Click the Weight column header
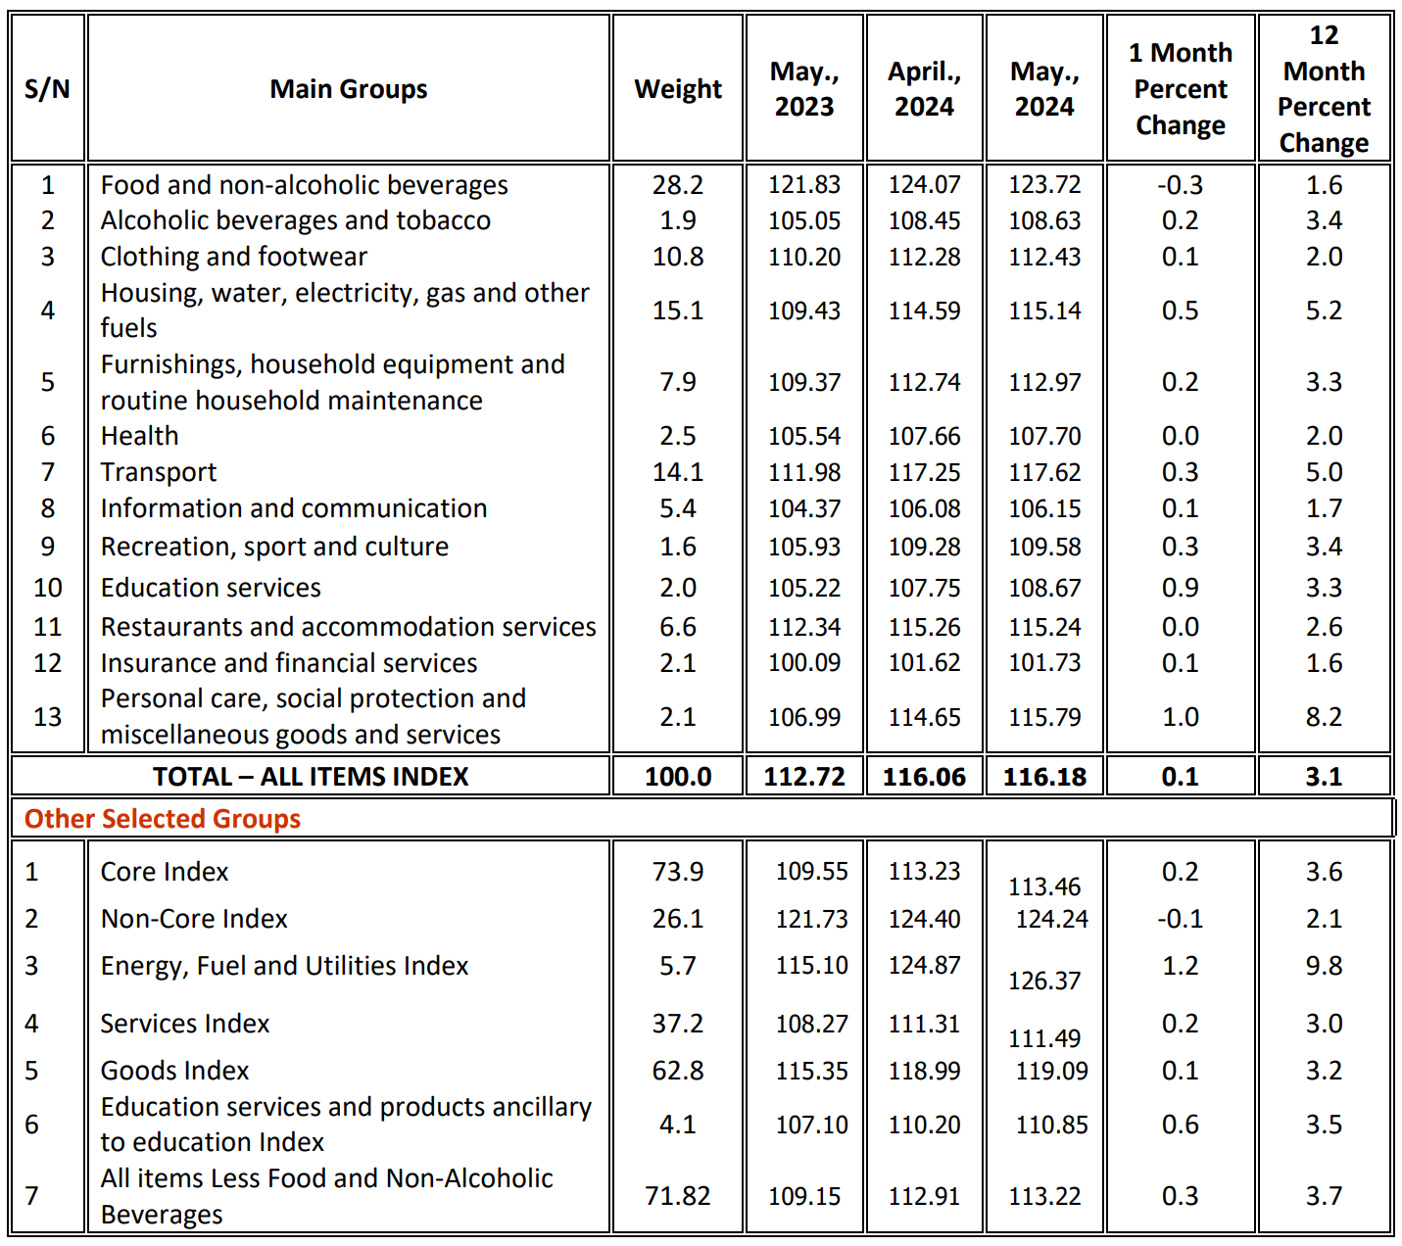click(x=677, y=89)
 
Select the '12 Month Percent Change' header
click(x=1324, y=89)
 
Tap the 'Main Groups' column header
click(x=349, y=89)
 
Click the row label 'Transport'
click(x=159, y=472)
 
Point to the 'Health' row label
click(x=140, y=436)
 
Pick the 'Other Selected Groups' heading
click(x=163, y=819)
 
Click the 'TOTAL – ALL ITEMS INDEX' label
click(x=311, y=777)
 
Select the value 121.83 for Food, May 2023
click(x=804, y=185)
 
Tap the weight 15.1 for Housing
click(x=678, y=311)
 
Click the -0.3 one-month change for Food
click(x=1180, y=185)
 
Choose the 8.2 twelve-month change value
click(x=1324, y=717)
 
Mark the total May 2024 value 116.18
click(x=1044, y=777)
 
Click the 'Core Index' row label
click(x=165, y=872)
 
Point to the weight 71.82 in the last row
click(x=678, y=1196)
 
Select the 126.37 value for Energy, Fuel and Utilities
click(x=1044, y=981)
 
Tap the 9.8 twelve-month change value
click(x=1324, y=966)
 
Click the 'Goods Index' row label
click(x=175, y=1071)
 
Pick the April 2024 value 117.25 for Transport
click(x=924, y=472)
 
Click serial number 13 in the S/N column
click(x=47, y=717)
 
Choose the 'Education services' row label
click(x=211, y=588)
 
